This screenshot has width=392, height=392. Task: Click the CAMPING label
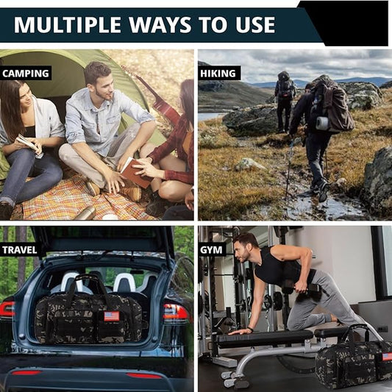[26, 74]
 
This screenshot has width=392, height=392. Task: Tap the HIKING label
[218, 74]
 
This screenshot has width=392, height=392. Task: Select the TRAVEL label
[20, 250]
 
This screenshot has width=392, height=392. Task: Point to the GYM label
[211, 250]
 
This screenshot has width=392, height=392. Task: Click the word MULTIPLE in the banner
[68, 25]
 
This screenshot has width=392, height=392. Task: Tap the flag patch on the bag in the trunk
[112, 316]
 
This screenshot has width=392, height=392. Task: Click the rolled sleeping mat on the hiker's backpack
[322, 124]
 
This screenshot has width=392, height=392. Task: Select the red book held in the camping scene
[136, 172]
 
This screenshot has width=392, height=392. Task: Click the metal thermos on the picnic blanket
[86, 213]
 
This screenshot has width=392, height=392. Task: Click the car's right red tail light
[176, 313]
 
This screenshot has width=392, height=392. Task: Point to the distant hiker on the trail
[285, 101]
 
